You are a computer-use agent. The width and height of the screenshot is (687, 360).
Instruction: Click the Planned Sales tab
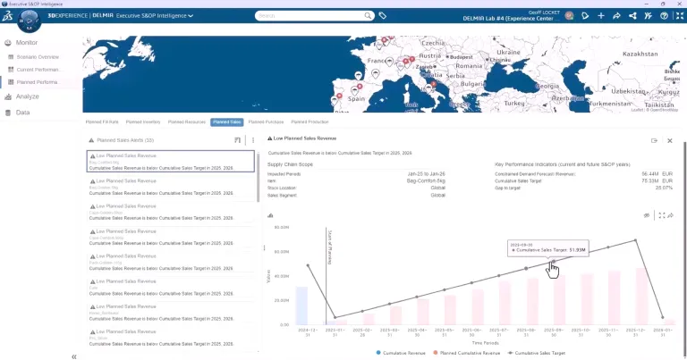227,121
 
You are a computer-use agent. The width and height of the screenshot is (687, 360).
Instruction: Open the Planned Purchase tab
267,121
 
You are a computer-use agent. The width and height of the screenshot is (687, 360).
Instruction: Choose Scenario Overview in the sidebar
38,56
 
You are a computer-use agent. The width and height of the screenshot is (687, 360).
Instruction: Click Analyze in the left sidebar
27,96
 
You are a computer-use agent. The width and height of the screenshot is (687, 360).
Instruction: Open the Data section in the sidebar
22,113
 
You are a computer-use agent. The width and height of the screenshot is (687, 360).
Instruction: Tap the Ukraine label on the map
508,53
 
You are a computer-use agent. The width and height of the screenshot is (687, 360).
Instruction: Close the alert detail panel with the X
670,140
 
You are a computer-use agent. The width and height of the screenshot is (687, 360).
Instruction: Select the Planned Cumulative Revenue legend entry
468,353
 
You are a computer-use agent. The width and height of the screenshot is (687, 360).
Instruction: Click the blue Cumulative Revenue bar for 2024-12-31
301,305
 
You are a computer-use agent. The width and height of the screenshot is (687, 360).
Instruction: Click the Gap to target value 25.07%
664,188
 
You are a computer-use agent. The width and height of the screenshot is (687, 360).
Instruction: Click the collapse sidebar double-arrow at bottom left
74,356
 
